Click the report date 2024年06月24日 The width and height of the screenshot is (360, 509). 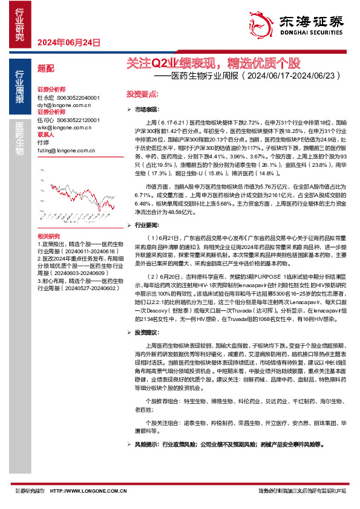tap(68, 42)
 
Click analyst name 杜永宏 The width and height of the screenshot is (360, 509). tap(46, 97)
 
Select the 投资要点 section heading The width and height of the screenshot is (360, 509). tap(142, 95)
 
